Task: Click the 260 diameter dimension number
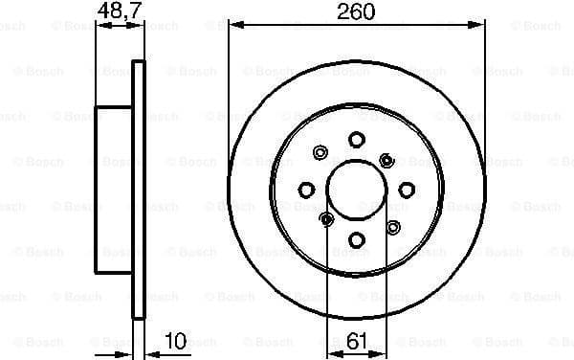tap(355, 12)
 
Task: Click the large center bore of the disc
tap(356, 189)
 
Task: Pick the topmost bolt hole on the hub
tap(356, 140)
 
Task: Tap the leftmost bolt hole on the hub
tap(306, 189)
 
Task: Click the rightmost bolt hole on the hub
tap(406, 189)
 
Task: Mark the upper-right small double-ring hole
tap(386, 159)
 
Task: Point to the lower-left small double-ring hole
tap(325, 220)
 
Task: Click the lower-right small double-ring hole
tap(392, 227)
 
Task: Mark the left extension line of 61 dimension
tap(327, 287)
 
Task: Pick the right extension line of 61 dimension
tap(385, 287)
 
